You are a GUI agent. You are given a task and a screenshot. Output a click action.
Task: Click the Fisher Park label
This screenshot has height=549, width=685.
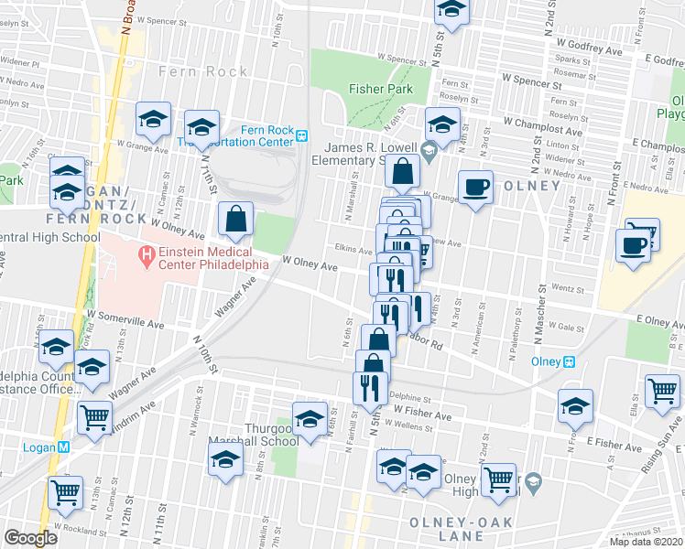380,90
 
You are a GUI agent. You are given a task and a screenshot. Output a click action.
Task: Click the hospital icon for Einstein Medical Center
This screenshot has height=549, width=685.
144,253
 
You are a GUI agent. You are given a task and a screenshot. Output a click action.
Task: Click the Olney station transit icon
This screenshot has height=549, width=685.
570,361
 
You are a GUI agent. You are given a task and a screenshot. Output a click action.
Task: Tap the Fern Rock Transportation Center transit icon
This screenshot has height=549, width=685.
300,136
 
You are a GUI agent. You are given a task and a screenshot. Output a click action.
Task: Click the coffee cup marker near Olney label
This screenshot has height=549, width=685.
475,188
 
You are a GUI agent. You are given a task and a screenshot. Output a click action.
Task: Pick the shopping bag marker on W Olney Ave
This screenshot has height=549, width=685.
235,219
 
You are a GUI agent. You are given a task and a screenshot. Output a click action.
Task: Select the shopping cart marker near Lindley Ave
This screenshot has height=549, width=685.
95,417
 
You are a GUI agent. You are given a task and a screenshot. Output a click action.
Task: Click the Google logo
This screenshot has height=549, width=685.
30,538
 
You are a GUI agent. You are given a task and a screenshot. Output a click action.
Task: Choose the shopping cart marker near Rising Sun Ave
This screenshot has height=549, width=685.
662,391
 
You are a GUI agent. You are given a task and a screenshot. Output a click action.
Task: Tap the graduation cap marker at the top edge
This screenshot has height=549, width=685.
451,10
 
